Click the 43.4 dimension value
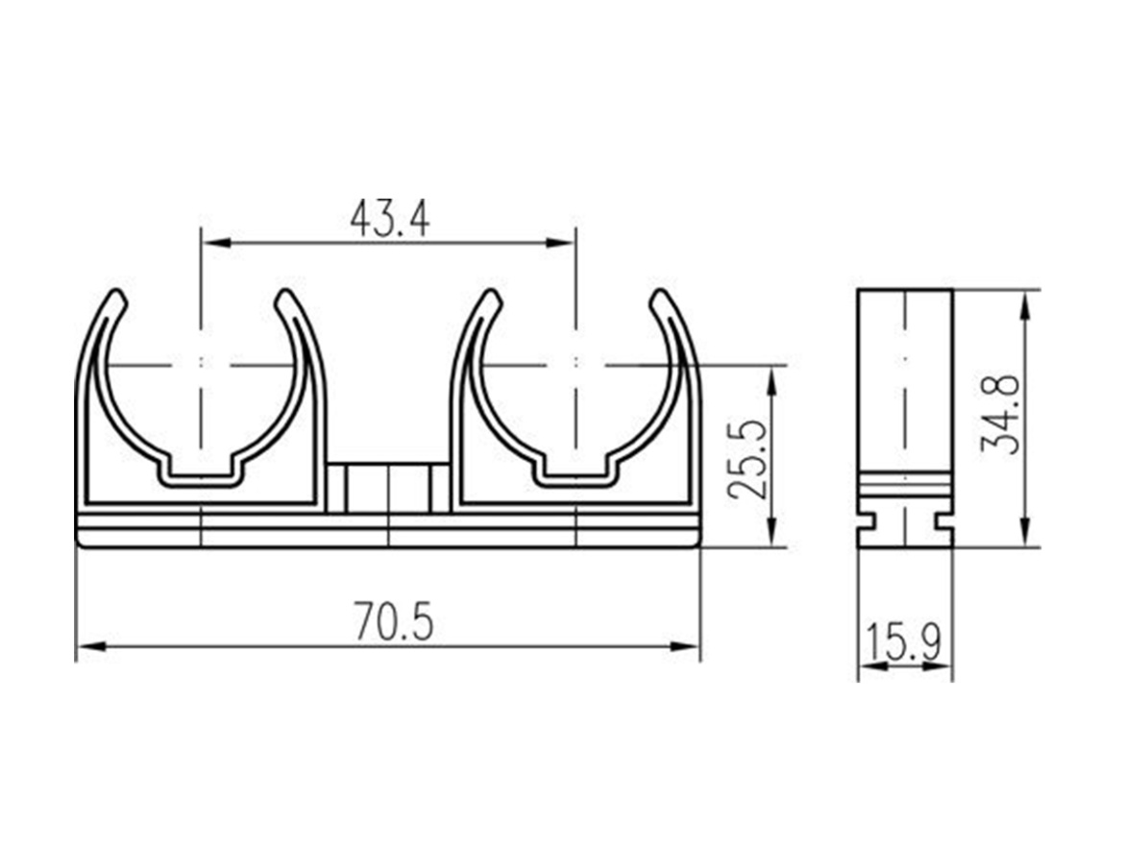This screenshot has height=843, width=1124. (x=390, y=219)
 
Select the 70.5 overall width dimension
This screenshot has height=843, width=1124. (x=394, y=621)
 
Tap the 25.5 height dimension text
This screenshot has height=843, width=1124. (x=746, y=459)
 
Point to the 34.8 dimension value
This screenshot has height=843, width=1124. (x=999, y=413)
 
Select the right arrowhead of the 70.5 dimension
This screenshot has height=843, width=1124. (x=685, y=647)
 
